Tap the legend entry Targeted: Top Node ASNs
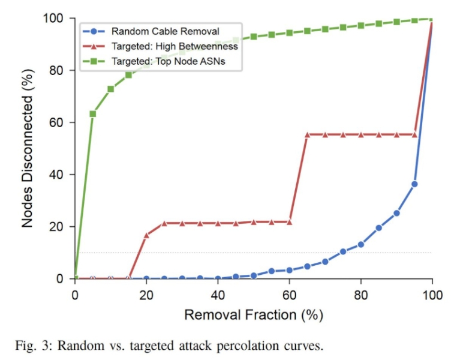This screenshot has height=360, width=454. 159,61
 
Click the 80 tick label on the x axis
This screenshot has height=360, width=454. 360,295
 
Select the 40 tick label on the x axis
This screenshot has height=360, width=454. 218,295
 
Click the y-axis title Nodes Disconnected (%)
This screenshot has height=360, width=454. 28,149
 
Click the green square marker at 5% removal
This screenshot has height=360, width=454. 93,113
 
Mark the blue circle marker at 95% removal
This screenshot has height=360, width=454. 414,184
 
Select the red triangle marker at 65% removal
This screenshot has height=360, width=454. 307,135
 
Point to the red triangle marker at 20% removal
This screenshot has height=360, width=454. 146,235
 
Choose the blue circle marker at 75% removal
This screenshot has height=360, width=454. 343,251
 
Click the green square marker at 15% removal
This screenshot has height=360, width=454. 128,75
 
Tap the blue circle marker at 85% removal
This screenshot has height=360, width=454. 378,228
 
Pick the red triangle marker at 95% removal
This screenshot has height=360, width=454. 414,134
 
